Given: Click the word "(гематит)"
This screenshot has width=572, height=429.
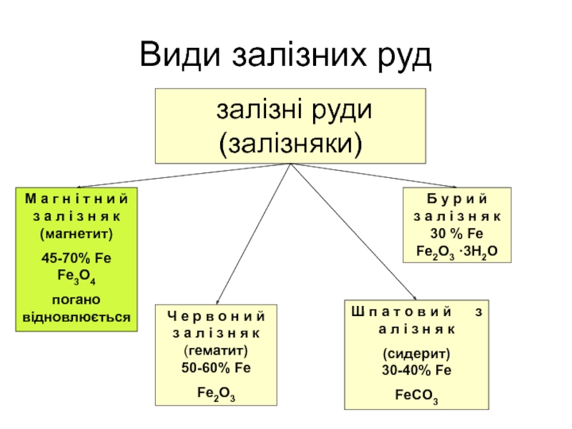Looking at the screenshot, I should (x=215, y=351).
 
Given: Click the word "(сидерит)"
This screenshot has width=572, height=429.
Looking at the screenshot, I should (x=415, y=355).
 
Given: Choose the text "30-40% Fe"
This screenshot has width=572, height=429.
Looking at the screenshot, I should (x=415, y=370).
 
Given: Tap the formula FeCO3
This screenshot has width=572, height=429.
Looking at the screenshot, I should (x=417, y=395).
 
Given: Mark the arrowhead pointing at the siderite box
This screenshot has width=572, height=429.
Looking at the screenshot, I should (x=415, y=297).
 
